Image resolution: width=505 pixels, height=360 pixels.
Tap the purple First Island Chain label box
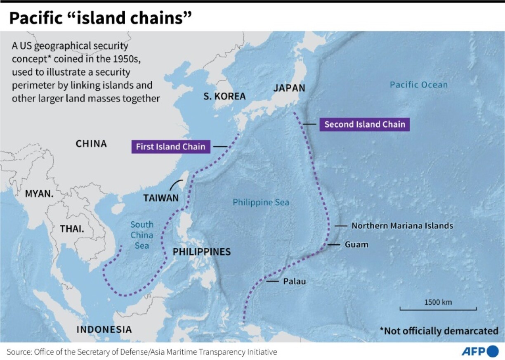pos(171,147)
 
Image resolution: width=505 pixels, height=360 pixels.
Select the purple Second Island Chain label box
pos(365,124)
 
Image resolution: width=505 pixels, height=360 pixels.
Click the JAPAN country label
pos(289,88)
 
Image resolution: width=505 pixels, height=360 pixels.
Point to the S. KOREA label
pos(224,96)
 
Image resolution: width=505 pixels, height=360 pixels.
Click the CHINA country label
pos(91,144)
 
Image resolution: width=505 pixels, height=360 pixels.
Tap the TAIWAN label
pos(161,198)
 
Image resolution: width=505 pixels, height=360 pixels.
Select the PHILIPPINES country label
pos(201,251)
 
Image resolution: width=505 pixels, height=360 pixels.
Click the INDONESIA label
pos(104,329)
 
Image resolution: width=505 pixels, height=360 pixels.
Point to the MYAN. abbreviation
pos(40,194)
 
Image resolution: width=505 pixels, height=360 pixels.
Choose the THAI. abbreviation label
pos(72,228)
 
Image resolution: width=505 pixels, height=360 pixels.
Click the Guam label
pos(356,244)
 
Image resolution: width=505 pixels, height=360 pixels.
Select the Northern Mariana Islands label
pos(402,226)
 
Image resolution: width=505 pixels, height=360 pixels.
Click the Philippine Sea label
pos(261,202)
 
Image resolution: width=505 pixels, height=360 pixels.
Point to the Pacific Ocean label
pos(418,85)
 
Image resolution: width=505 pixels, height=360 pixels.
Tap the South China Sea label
pos(142,235)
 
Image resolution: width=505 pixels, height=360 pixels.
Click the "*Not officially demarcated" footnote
pos(439,331)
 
